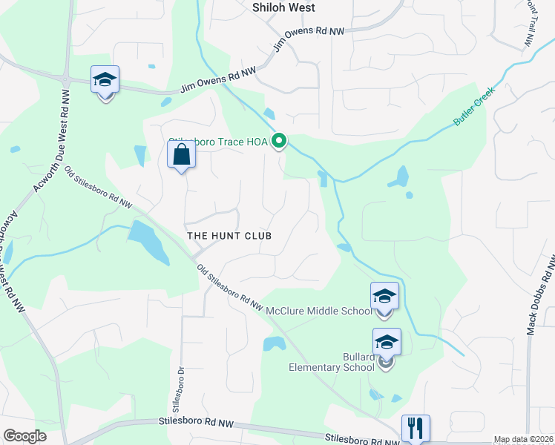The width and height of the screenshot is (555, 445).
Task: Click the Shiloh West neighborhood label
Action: pyautogui.click(x=283, y=7)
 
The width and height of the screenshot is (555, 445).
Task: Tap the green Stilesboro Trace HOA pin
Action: pyautogui.click(x=280, y=140)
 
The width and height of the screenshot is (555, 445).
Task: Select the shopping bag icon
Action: pyautogui.click(x=181, y=156)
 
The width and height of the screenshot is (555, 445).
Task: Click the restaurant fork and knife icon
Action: pyautogui.click(x=416, y=428)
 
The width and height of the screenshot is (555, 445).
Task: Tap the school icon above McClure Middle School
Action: pyautogui.click(x=384, y=296)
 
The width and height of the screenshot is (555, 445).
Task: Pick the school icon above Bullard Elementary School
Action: pyautogui.click(x=387, y=342)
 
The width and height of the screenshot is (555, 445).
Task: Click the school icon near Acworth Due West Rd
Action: pyautogui.click(x=105, y=79)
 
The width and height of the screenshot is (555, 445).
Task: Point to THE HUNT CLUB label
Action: pyautogui.click(x=229, y=236)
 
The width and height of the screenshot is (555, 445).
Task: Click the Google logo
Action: pyautogui.click(x=24, y=436)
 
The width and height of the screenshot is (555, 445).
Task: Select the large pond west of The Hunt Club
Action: pyautogui.click(x=149, y=241)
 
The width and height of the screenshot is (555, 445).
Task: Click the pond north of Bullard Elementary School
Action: pyautogui.click(x=274, y=343)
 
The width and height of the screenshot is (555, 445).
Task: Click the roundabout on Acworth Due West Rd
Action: pyautogui.click(x=65, y=80)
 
